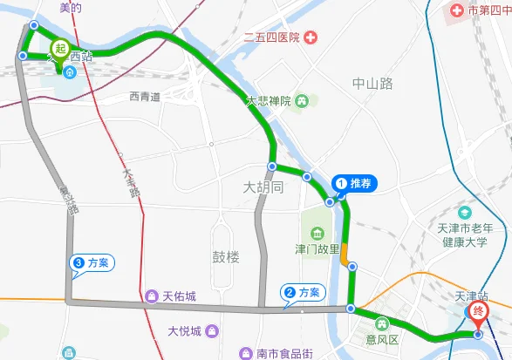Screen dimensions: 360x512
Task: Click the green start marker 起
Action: pyautogui.click(x=60, y=49)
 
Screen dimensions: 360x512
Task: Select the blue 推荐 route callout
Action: pyautogui.click(x=355, y=183)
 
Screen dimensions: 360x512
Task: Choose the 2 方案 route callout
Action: pyautogui.click(x=302, y=292)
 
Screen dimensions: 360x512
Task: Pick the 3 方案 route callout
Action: pyautogui.click(x=92, y=262)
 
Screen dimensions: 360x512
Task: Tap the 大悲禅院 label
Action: pyautogui.click(x=267, y=101)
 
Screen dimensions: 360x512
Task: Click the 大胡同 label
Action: pyautogui.click(x=263, y=187)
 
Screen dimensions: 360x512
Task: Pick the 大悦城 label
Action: pyautogui.click(x=185, y=331)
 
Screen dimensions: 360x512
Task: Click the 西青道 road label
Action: pyautogui.click(x=145, y=97)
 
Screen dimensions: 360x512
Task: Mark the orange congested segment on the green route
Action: pyautogui.click(x=346, y=254)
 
